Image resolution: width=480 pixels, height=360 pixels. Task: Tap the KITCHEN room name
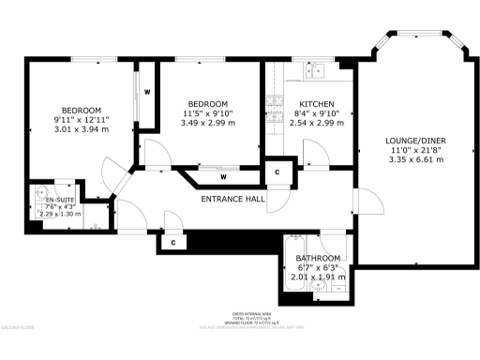tap(312, 103)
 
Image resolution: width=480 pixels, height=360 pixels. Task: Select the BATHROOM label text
tap(318, 258)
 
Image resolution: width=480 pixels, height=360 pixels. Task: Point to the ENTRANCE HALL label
tap(232, 199)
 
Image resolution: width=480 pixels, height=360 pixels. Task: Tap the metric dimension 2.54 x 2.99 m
tap(312, 123)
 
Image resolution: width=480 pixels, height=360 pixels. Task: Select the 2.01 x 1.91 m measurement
tap(318, 277)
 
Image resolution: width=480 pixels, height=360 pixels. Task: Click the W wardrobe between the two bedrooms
tap(147, 92)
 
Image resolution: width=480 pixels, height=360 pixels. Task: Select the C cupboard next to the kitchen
tap(277, 173)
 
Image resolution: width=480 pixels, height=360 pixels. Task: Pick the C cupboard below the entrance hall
tap(173, 242)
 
